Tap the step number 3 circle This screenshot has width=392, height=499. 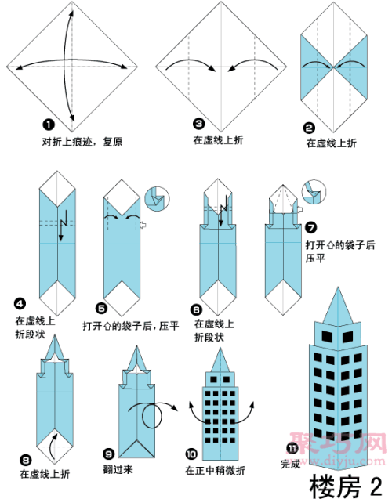199,124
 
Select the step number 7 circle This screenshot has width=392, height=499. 311,228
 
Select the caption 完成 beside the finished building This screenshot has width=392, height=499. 290,465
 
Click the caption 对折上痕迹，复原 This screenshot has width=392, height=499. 82,142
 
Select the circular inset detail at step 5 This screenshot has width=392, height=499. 157,197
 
